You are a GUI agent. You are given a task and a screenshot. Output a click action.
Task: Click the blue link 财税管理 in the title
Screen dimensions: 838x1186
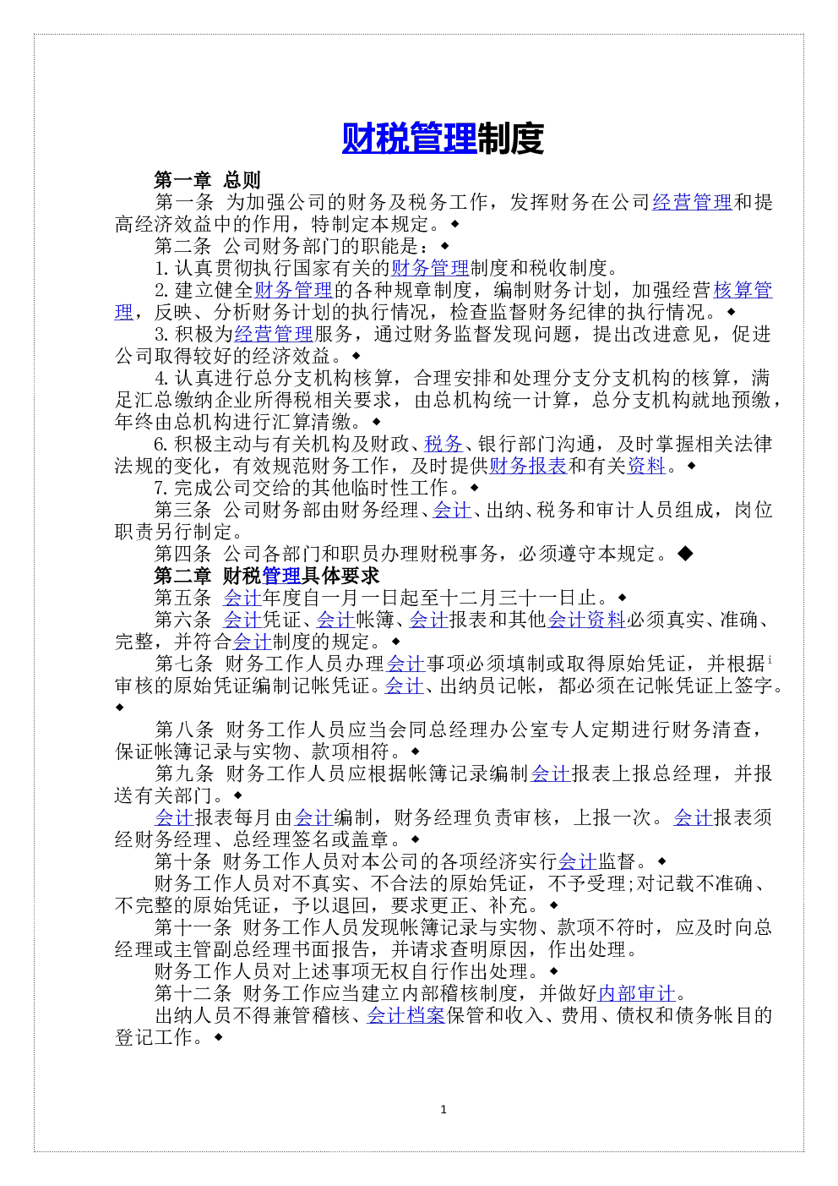(x=409, y=138)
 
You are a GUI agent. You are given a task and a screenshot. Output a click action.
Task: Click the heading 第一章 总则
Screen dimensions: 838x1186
(x=207, y=180)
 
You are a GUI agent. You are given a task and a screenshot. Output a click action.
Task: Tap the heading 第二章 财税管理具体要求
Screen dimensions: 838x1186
(x=267, y=576)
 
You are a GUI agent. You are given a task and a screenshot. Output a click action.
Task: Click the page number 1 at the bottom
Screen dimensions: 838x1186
(x=443, y=1109)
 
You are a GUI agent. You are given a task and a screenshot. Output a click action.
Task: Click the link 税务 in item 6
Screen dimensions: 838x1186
(x=443, y=444)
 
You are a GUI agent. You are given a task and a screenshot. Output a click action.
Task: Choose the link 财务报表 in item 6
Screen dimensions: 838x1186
(x=528, y=466)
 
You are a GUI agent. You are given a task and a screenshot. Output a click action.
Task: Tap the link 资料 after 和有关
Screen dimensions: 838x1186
(x=646, y=466)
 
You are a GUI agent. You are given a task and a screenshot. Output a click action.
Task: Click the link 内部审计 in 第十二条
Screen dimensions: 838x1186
(x=637, y=993)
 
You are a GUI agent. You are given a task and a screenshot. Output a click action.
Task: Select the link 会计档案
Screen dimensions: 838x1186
(x=405, y=1015)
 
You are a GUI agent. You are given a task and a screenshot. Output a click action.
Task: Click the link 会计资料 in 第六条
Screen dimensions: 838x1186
(x=586, y=620)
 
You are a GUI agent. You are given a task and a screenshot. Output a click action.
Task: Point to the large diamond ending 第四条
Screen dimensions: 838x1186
(x=686, y=554)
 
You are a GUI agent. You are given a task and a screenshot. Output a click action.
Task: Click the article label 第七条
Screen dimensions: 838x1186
(x=183, y=664)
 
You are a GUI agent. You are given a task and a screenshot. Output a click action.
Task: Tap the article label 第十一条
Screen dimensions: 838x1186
(x=193, y=927)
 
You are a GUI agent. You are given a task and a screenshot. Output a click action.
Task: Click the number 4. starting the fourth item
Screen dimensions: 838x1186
(x=162, y=378)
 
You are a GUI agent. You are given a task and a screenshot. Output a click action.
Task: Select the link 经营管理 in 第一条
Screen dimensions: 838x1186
(x=692, y=202)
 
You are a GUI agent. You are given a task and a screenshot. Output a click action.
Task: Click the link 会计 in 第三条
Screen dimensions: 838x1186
(x=452, y=510)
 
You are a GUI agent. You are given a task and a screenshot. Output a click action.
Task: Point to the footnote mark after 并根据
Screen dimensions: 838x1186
(x=770, y=659)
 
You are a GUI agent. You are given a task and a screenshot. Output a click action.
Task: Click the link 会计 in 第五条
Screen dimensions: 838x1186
(x=242, y=598)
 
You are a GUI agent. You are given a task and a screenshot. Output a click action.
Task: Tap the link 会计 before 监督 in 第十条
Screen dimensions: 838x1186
(x=577, y=861)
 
